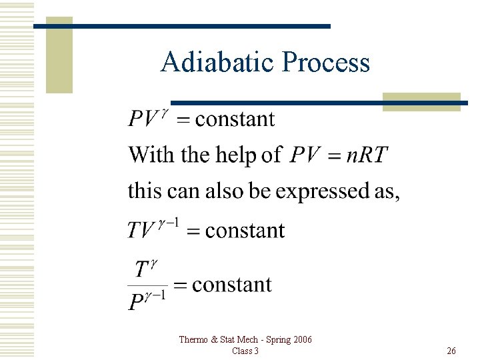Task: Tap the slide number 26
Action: (451, 351)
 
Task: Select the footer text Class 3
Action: (245, 351)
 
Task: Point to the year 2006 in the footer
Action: (301, 340)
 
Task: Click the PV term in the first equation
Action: (143, 119)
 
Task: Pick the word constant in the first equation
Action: (234, 119)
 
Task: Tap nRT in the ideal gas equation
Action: (365, 155)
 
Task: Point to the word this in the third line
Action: (145, 191)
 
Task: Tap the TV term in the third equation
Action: (141, 231)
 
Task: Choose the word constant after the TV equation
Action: (245, 231)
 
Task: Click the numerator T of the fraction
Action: (141, 269)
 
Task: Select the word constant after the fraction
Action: (231, 285)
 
